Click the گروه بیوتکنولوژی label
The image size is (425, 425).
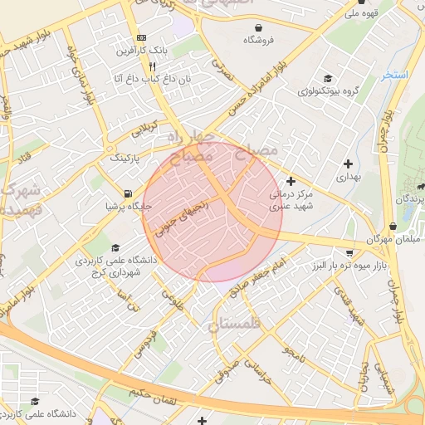click(x=328, y=90)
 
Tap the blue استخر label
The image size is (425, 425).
click(x=395, y=75)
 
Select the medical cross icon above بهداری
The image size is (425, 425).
click(x=347, y=164)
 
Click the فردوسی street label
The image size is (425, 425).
click(x=150, y=341)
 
